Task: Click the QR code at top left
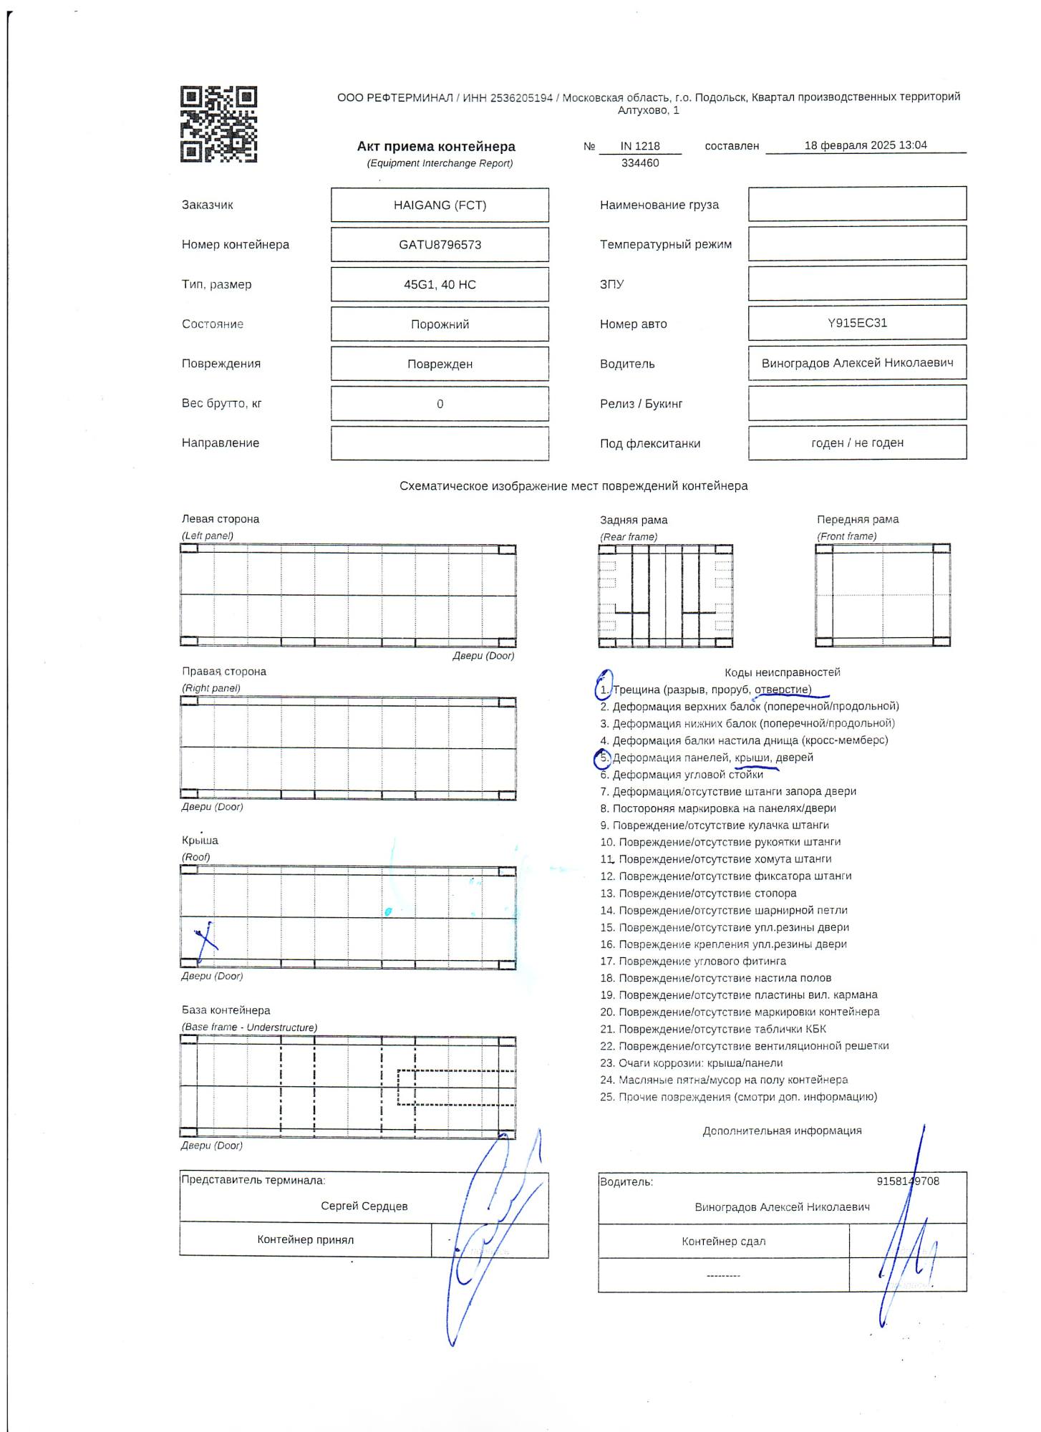pos(218,125)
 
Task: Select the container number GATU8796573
pos(440,245)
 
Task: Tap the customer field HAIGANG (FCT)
pos(440,205)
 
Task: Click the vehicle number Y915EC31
pos(857,323)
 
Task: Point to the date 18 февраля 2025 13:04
pos(865,145)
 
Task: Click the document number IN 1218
pos(640,146)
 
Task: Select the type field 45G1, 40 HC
pos(440,285)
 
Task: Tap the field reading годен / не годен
pos(857,443)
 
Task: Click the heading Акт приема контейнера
pos(436,147)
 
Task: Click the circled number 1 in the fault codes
pos(604,690)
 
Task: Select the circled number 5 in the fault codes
pos(604,758)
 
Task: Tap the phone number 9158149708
pos(907,1181)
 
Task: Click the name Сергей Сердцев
pos(364,1206)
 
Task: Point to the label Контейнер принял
pos(305,1240)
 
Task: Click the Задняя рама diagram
pos(665,596)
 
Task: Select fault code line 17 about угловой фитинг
pos(693,962)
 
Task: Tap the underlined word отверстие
pos(783,690)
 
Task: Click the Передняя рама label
pos(857,520)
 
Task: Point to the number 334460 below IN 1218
pos(640,163)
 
